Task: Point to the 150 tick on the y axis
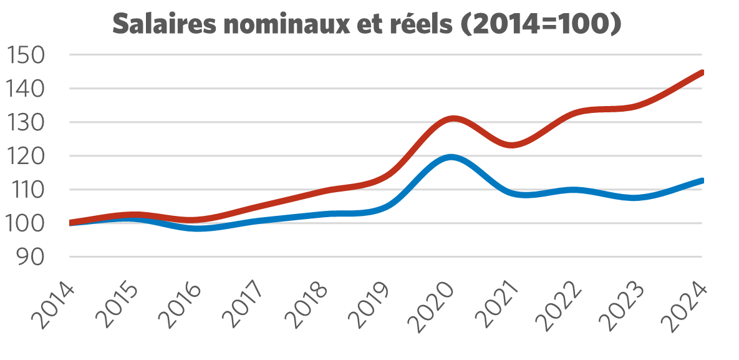28,56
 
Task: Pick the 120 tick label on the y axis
28,157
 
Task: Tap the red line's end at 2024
702,72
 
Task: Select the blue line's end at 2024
702,180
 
